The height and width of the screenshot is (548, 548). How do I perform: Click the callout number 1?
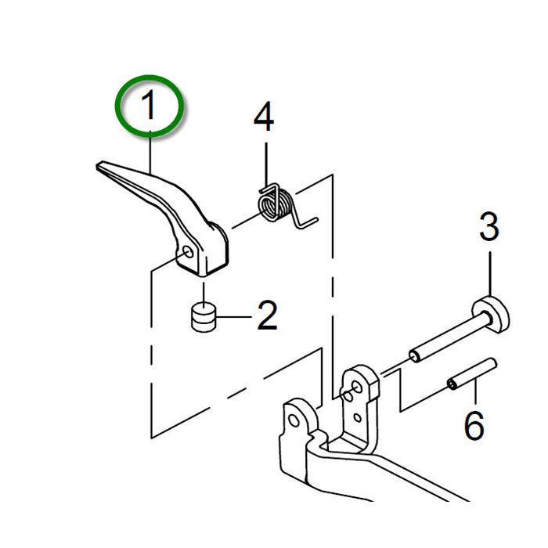pos(148,104)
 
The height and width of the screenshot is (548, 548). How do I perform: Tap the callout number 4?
pos(265,117)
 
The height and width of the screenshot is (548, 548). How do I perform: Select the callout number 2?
pos(268,315)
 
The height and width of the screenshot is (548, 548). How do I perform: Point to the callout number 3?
pos(489,226)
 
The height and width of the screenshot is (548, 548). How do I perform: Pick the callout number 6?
pos(474,425)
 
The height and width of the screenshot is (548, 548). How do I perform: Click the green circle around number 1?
pos(150,106)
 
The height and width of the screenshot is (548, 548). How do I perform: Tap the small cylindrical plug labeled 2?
pos(204,317)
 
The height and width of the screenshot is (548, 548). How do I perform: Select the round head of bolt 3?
pos(492,313)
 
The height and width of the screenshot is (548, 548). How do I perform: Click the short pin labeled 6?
pos(472,374)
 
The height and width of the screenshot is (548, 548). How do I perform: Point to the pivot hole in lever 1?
pos(188,251)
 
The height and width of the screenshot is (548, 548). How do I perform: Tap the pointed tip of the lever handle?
pos(98,165)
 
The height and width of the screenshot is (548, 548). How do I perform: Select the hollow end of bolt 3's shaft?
pos(415,356)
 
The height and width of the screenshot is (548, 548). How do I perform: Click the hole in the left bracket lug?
pos(294,420)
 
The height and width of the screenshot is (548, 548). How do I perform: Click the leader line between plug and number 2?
pos(234,317)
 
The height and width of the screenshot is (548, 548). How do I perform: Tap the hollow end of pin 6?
pos(452,385)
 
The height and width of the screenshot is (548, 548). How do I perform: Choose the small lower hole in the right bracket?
pos(357,417)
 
